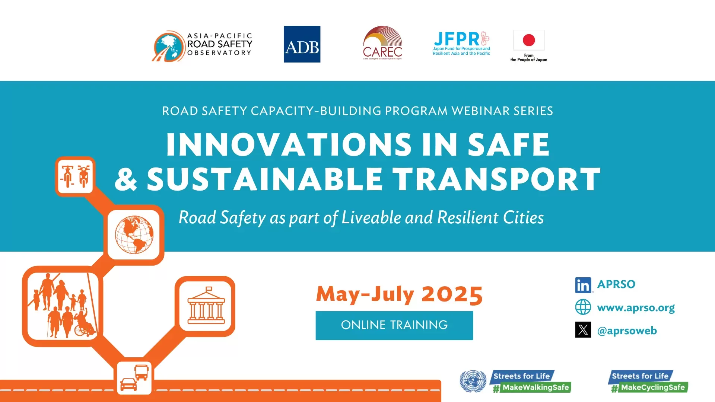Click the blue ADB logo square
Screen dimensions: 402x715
[x=302, y=44]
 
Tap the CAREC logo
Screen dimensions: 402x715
[x=382, y=43]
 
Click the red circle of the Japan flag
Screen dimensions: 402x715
[x=529, y=40]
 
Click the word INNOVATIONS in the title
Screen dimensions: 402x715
[x=289, y=145]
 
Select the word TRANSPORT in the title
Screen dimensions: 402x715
[x=497, y=180]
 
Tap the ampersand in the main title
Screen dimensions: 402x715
[x=126, y=180]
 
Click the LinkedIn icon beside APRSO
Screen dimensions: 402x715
[x=583, y=285]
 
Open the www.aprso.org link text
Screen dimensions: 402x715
[x=636, y=308]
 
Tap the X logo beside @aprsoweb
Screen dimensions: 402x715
[x=583, y=330]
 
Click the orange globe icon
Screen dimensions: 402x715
[x=134, y=234]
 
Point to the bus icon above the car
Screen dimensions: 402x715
[x=142, y=372]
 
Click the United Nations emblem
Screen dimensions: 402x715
[x=473, y=381]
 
